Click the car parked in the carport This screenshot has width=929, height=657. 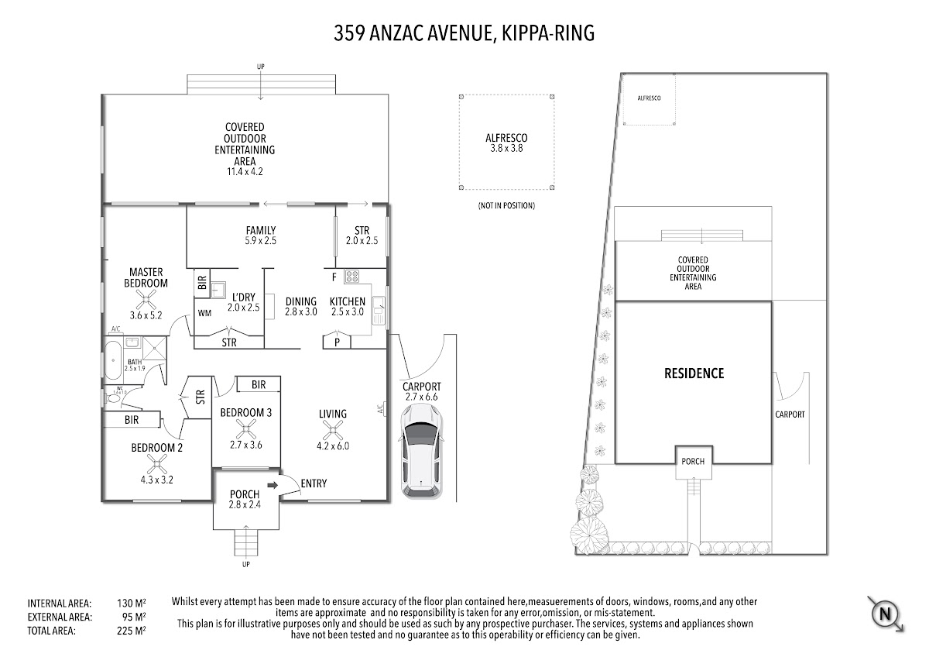[x=421, y=452]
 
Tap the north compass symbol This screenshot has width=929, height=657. [x=885, y=614]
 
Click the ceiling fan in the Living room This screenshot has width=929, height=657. [x=333, y=431]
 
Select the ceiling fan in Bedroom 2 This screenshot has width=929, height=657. [x=156, y=465]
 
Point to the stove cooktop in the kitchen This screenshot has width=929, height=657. [x=351, y=277]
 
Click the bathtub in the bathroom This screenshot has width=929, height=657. [x=112, y=361]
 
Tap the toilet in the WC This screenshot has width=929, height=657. [x=111, y=398]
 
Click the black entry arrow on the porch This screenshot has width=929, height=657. [x=273, y=485]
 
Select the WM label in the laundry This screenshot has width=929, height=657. [x=204, y=313]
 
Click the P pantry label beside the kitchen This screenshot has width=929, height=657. [x=338, y=342]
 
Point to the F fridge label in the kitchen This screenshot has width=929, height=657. [x=334, y=277]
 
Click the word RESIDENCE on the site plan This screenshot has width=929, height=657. [x=694, y=373]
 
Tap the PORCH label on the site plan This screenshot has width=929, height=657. [x=693, y=461]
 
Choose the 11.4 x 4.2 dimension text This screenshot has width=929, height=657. [x=245, y=171]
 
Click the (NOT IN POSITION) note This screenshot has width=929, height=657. [x=506, y=205]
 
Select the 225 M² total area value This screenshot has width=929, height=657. [x=131, y=631]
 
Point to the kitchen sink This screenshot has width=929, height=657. [x=379, y=310]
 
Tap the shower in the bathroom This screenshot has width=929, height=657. [x=154, y=348]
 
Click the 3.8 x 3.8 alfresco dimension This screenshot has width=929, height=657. [x=506, y=149]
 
